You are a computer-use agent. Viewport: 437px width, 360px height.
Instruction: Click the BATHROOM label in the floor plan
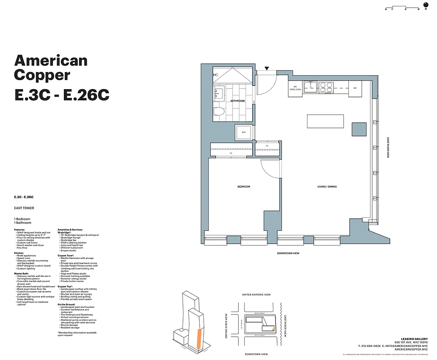(237, 101)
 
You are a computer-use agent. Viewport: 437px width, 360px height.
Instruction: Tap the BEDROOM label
(244, 186)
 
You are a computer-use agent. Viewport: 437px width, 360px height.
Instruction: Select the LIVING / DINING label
(326, 186)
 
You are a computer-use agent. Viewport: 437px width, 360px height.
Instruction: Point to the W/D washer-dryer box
(243, 132)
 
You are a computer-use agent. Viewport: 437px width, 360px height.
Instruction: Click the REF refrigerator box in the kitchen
(355, 88)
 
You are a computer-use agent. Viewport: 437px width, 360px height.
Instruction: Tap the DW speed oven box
(295, 88)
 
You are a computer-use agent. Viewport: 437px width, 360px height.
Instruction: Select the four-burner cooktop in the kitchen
(326, 86)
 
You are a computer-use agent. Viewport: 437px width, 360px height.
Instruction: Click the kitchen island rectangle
(326, 121)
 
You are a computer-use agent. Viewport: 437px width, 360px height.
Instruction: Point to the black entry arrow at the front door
(267, 68)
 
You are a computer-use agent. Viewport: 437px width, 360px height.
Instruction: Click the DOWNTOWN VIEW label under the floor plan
(288, 253)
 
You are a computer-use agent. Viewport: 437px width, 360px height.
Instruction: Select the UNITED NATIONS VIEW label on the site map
(256, 295)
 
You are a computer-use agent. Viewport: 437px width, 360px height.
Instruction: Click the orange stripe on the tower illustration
(197, 337)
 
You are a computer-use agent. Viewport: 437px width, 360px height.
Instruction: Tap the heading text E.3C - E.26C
(62, 95)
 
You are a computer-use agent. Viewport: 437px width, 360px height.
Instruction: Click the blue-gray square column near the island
(359, 128)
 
